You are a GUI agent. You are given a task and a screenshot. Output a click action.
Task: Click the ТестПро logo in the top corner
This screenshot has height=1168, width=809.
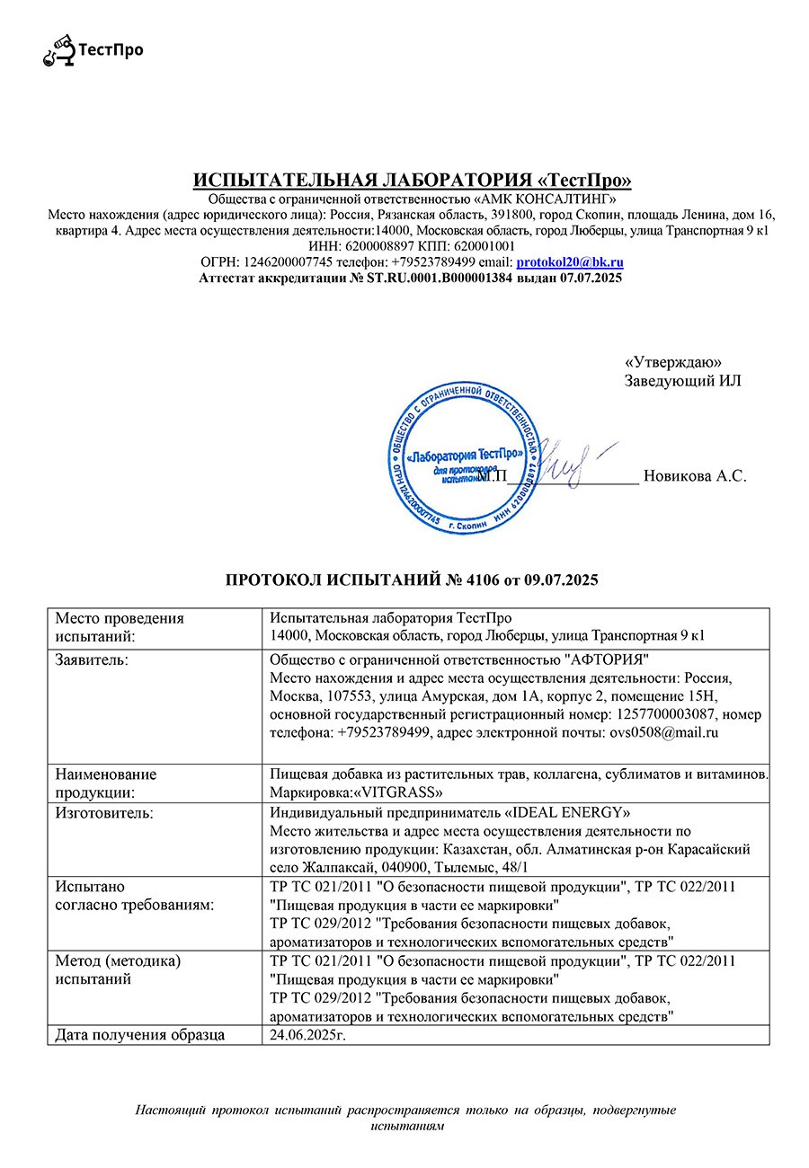click(x=93, y=50)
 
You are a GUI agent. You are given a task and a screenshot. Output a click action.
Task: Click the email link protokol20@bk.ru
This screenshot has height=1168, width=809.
click(x=570, y=262)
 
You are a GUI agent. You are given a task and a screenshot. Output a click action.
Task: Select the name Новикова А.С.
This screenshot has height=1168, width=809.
click(x=695, y=476)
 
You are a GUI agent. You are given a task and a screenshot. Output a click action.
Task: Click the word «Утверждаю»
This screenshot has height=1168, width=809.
click(x=672, y=361)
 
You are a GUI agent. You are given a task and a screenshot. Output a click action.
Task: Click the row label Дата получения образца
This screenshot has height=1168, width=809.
click(x=139, y=1035)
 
